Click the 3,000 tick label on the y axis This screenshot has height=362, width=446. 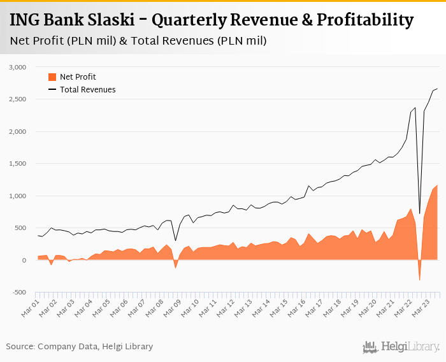point(17,67)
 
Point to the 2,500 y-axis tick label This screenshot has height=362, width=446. point(17,99)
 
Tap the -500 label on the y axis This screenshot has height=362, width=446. point(18,293)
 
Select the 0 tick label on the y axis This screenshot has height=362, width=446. point(24,260)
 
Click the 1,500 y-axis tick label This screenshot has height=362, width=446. point(17,164)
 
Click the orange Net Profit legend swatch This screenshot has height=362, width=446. point(52,77)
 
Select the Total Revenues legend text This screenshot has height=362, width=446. point(88,90)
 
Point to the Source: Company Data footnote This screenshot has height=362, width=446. point(80,346)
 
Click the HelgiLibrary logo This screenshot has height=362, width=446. point(401,347)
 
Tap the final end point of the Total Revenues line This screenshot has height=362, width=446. point(437,89)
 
